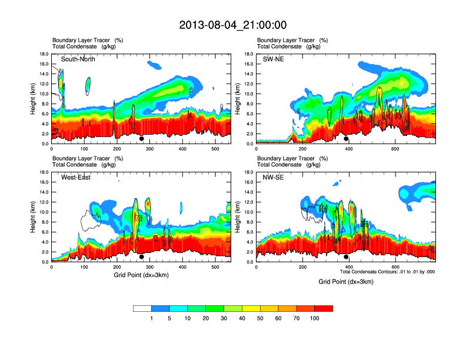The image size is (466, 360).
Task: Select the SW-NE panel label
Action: (273, 59)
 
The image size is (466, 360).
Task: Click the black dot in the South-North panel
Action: (141, 139)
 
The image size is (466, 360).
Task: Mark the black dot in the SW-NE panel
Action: (346, 139)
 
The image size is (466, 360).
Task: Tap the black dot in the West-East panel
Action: (141, 257)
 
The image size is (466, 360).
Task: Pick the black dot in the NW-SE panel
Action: (346, 257)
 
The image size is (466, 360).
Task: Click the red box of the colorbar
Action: (324, 308)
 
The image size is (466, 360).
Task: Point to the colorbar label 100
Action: (315, 318)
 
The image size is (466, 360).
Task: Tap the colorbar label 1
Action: (151, 318)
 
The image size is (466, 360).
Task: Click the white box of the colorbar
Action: (142, 308)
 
